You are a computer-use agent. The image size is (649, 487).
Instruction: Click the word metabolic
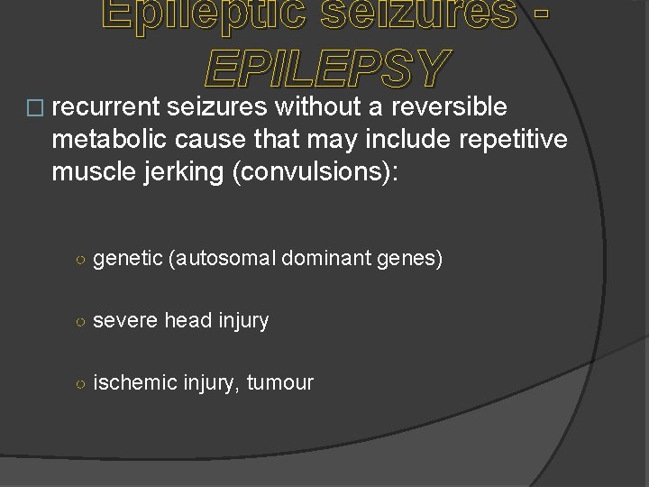tap(98, 142)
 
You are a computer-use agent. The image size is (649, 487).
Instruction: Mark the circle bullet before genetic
tap(80, 261)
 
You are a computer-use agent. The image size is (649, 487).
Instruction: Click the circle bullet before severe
tap(80, 321)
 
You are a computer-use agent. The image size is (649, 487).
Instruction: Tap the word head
tap(188, 320)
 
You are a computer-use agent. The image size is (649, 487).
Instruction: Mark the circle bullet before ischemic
tap(80, 383)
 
